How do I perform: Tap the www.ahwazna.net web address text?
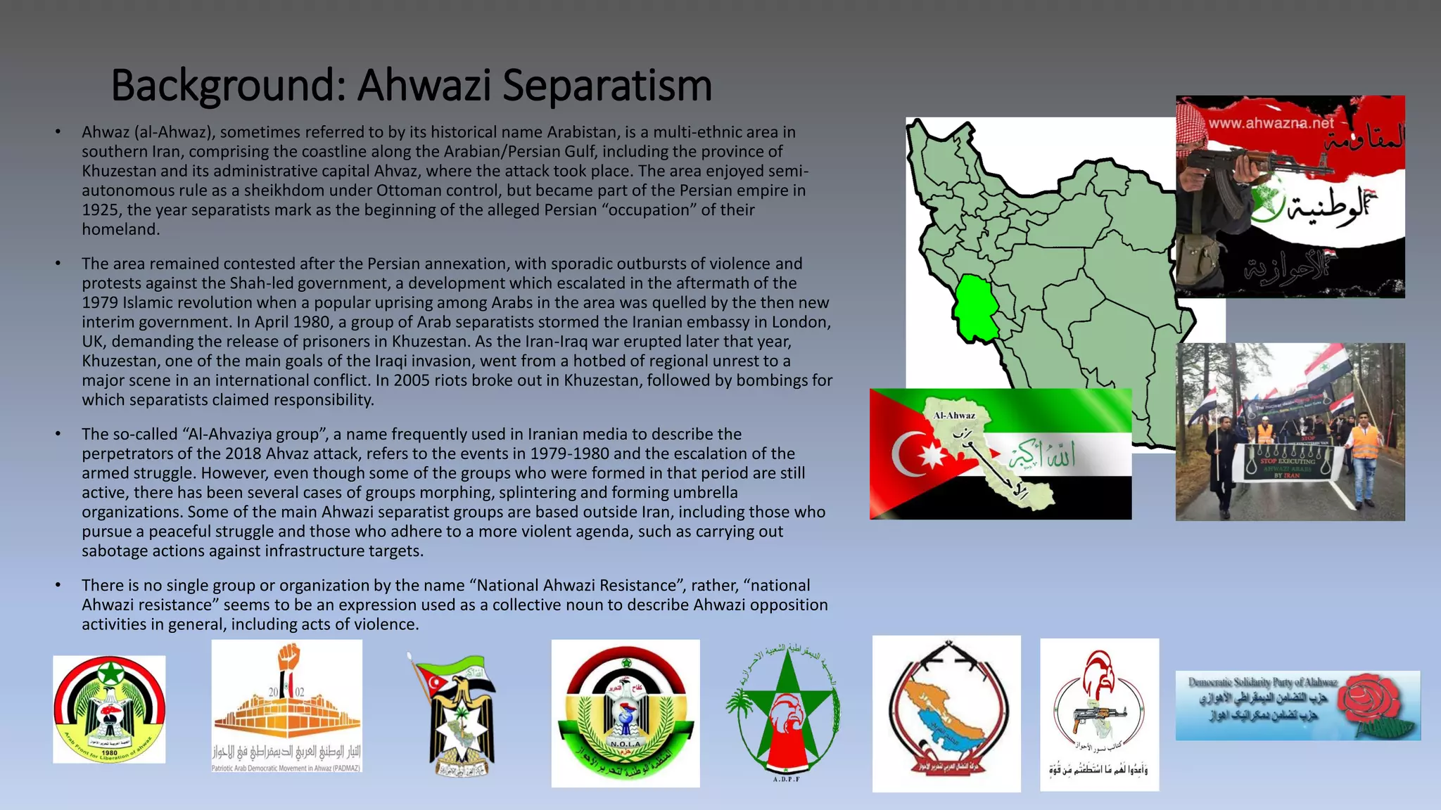[x=1271, y=124]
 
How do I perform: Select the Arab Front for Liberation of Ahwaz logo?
[x=109, y=709]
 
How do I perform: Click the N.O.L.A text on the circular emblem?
[x=625, y=744]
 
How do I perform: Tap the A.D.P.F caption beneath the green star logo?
[x=786, y=779]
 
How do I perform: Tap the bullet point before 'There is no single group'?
[x=58, y=585]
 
